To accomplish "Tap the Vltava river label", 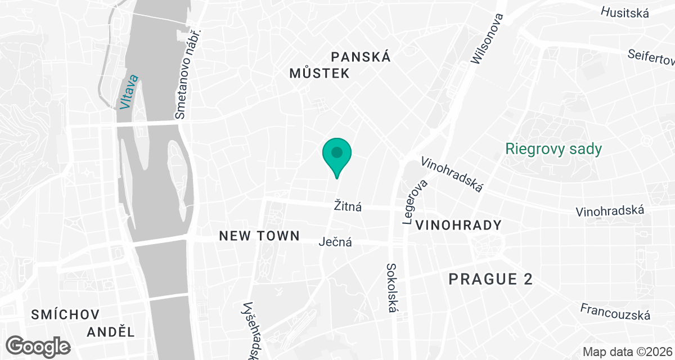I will pyautogui.click(x=127, y=93).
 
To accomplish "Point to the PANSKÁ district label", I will pyautogui.click(x=361, y=57).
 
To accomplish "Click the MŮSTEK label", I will pyautogui.click(x=319, y=73).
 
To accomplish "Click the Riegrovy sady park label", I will pyautogui.click(x=553, y=149).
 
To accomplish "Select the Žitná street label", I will pyautogui.click(x=348, y=207).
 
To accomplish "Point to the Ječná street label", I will pyautogui.click(x=335, y=242).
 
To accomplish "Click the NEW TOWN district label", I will pyautogui.click(x=259, y=236).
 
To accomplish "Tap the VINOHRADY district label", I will pyautogui.click(x=458, y=226).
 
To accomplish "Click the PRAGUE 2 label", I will pyautogui.click(x=490, y=279).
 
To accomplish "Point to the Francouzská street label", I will pyautogui.click(x=615, y=311).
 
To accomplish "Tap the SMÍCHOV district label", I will pyautogui.click(x=66, y=314).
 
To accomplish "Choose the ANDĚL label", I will pyautogui.click(x=111, y=332).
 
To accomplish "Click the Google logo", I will pyautogui.click(x=39, y=345).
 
